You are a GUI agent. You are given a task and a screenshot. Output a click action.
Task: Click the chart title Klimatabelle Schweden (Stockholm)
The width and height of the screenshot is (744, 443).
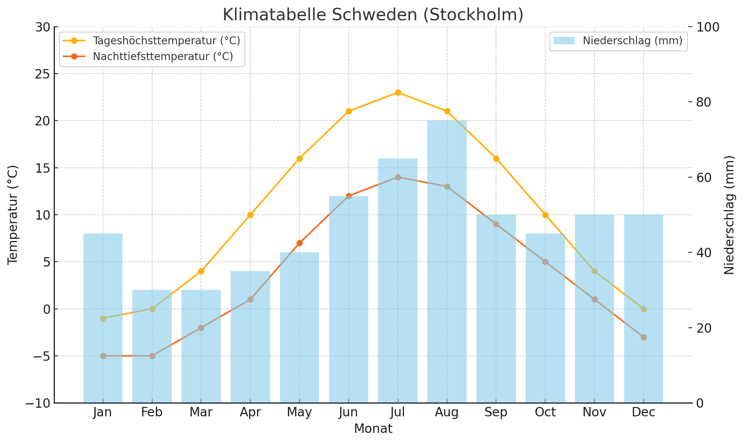point(373,15)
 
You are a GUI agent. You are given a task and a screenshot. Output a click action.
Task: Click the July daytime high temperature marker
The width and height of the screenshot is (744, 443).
point(398,92)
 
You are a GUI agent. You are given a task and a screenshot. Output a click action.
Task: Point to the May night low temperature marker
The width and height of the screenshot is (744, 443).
point(299,243)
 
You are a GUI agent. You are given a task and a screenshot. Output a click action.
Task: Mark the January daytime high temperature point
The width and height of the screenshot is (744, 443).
point(103,318)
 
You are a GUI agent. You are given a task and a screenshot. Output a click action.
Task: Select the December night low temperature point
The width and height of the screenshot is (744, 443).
point(644,337)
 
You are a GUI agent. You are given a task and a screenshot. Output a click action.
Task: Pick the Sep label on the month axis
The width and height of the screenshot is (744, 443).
point(496,413)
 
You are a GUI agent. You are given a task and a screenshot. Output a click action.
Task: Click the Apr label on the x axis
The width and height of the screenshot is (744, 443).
point(250,413)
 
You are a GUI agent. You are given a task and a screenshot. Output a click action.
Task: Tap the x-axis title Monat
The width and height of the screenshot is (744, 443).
point(373,429)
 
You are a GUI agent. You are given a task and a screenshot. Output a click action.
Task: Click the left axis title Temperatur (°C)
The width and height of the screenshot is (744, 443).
point(13,215)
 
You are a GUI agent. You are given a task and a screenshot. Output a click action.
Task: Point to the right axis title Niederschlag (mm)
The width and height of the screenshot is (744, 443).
point(729,215)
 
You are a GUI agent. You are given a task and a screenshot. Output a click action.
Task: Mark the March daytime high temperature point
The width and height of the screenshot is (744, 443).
point(201,271)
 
